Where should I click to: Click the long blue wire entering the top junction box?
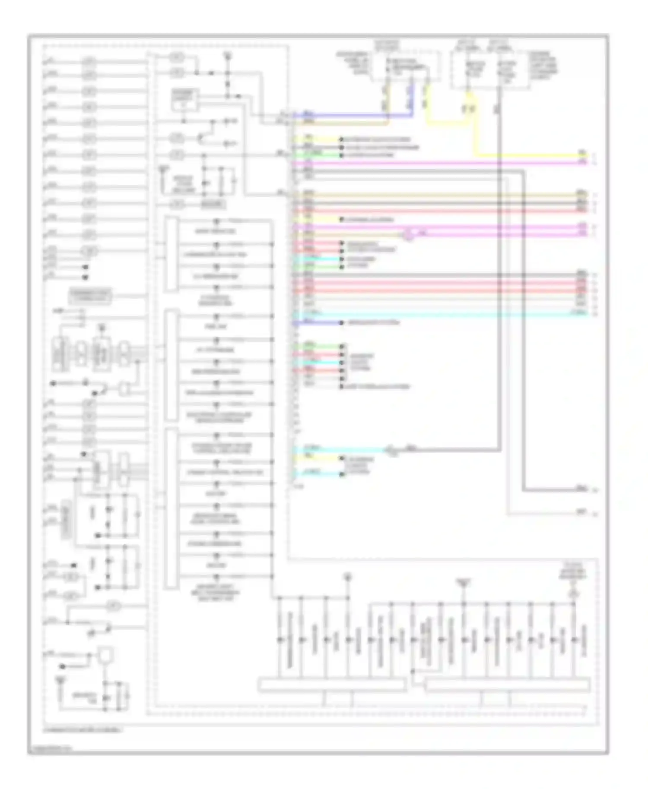[x=354, y=115]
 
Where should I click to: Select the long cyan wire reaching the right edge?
[x=432, y=313]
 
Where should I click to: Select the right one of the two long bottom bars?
[x=507, y=685]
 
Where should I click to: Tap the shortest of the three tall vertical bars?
[x=171, y=255]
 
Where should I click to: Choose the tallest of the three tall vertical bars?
[x=171, y=509]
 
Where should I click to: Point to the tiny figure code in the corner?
[x=50, y=749]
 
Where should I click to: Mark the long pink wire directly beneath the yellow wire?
[x=432, y=163]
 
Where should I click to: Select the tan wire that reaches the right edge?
[x=432, y=195]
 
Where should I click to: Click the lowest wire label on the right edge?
[x=582, y=513]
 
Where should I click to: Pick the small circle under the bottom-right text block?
[x=574, y=594]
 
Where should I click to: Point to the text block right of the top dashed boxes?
[x=544, y=65]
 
